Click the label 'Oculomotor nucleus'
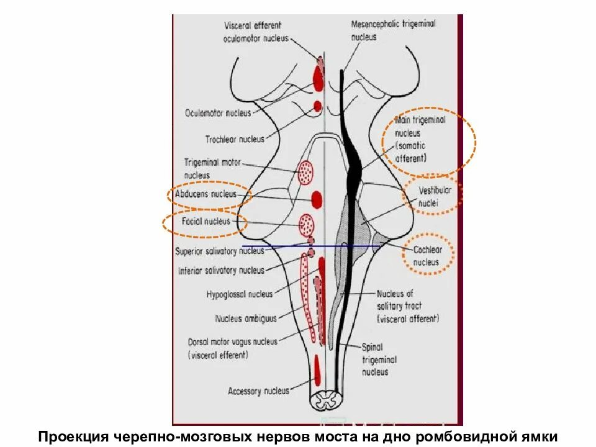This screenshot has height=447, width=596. click(x=218, y=113)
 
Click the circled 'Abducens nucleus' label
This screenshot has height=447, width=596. click(x=206, y=194)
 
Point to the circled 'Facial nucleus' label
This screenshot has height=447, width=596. click(x=205, y=221)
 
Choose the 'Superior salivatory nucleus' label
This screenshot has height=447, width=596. click(x=220, y=251)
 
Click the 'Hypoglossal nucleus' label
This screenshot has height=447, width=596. click(x=239, y=294)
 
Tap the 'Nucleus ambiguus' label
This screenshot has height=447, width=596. click(x=245, y=319)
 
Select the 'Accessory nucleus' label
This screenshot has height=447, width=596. click(x=258, y=391)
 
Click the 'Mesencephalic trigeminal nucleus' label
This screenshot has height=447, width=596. click(x=393, y=29)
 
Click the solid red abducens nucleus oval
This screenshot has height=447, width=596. click(x=317, y=199)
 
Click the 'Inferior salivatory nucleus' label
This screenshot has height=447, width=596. click(x=221, y=271)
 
